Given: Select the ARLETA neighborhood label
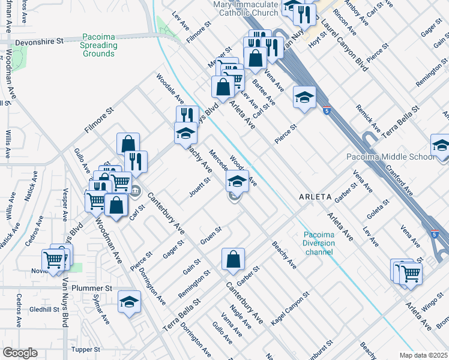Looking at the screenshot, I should tap(316, 196).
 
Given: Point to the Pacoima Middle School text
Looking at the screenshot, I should tap(390, 157).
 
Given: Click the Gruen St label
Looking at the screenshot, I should tap(211, 232).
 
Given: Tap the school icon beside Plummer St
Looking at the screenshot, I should tap(129, 303).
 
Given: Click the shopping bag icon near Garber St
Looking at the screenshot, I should tap(234, 259).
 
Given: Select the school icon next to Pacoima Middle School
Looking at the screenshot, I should tap(441, 146).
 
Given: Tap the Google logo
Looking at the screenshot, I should tap(20, 353).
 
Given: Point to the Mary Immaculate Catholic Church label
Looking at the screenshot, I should tap(246, 8).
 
